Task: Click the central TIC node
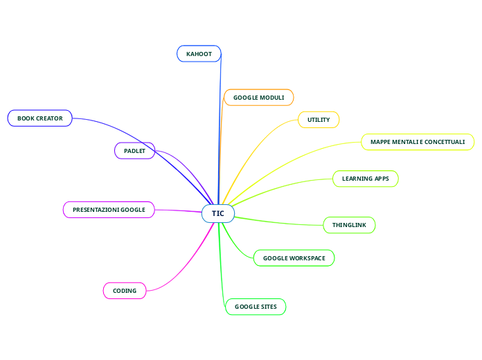[x=218, y=213]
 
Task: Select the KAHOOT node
[x=199, y=53]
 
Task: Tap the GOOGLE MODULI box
[x=258, y=98]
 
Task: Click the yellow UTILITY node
[x=319, y=120]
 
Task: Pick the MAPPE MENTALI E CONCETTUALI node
[x=418, y=142]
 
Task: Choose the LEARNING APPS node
[x=366, y=179]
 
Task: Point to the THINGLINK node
[x=349, y=225]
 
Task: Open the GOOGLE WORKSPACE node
[x=294, y=258]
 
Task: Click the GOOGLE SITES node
[x=256, y=307]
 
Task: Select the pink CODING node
[x=125, y=291]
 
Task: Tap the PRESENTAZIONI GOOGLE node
[x=109, y=209]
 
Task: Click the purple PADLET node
[x=134, y=150]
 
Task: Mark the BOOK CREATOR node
[x=40, y=118]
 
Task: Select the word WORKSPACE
[x=308, y=258]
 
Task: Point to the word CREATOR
[x=50, y=118]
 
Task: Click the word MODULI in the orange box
[x=272, y=98]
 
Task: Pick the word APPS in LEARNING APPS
[x=382, y=179]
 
